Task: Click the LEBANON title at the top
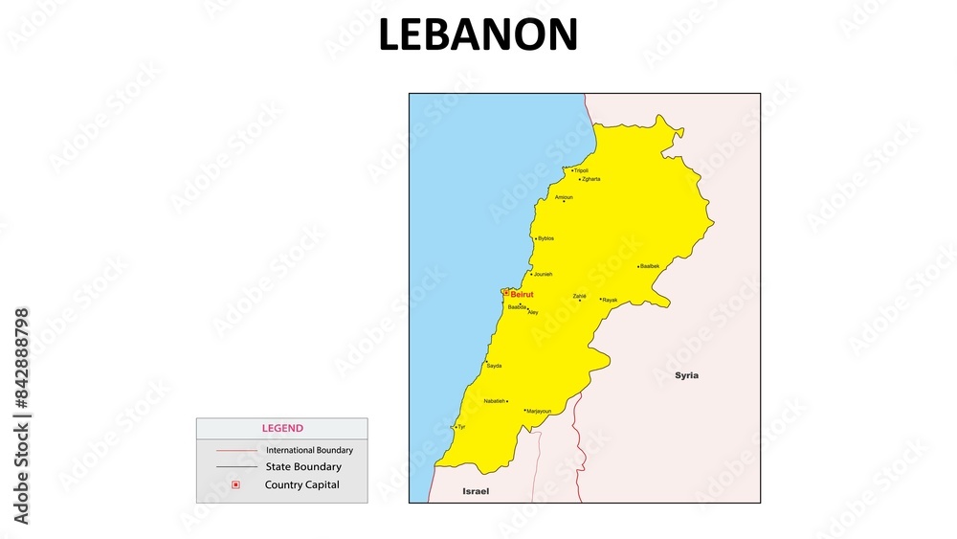pos(478,36)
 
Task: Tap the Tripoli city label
pos(581,170)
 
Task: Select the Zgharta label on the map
pos(590,179)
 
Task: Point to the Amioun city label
pos(564,197)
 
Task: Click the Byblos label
pos(545,238)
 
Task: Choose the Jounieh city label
pos(543,274)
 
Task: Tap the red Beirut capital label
pos(522,294)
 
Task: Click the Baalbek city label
pos(650,266)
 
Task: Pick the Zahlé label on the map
pos(579,296)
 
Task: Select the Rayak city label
pos(610,300)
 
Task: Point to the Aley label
pos(533,312)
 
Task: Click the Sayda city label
pos(494,366)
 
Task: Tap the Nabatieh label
pos(495,401)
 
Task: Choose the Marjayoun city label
pos(539,411)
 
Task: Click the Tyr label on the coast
pos(461,426)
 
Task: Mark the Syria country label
pos(686,375)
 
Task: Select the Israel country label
pos(476,491)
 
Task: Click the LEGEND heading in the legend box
pos(282,429)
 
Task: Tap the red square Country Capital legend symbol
pos(235,484)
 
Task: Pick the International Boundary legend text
pos(309,450)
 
